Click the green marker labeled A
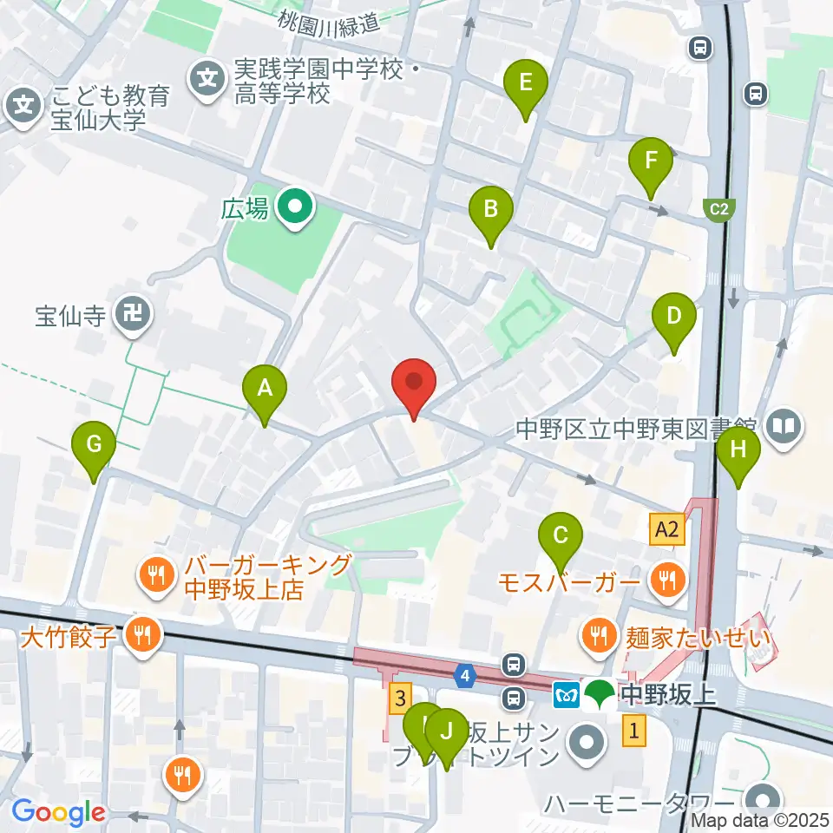[266, 392]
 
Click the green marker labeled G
[95, 448]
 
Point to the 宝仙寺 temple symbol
[134, 314]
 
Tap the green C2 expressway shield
[718, 209]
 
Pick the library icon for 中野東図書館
[786, 426]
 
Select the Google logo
[57, 812]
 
